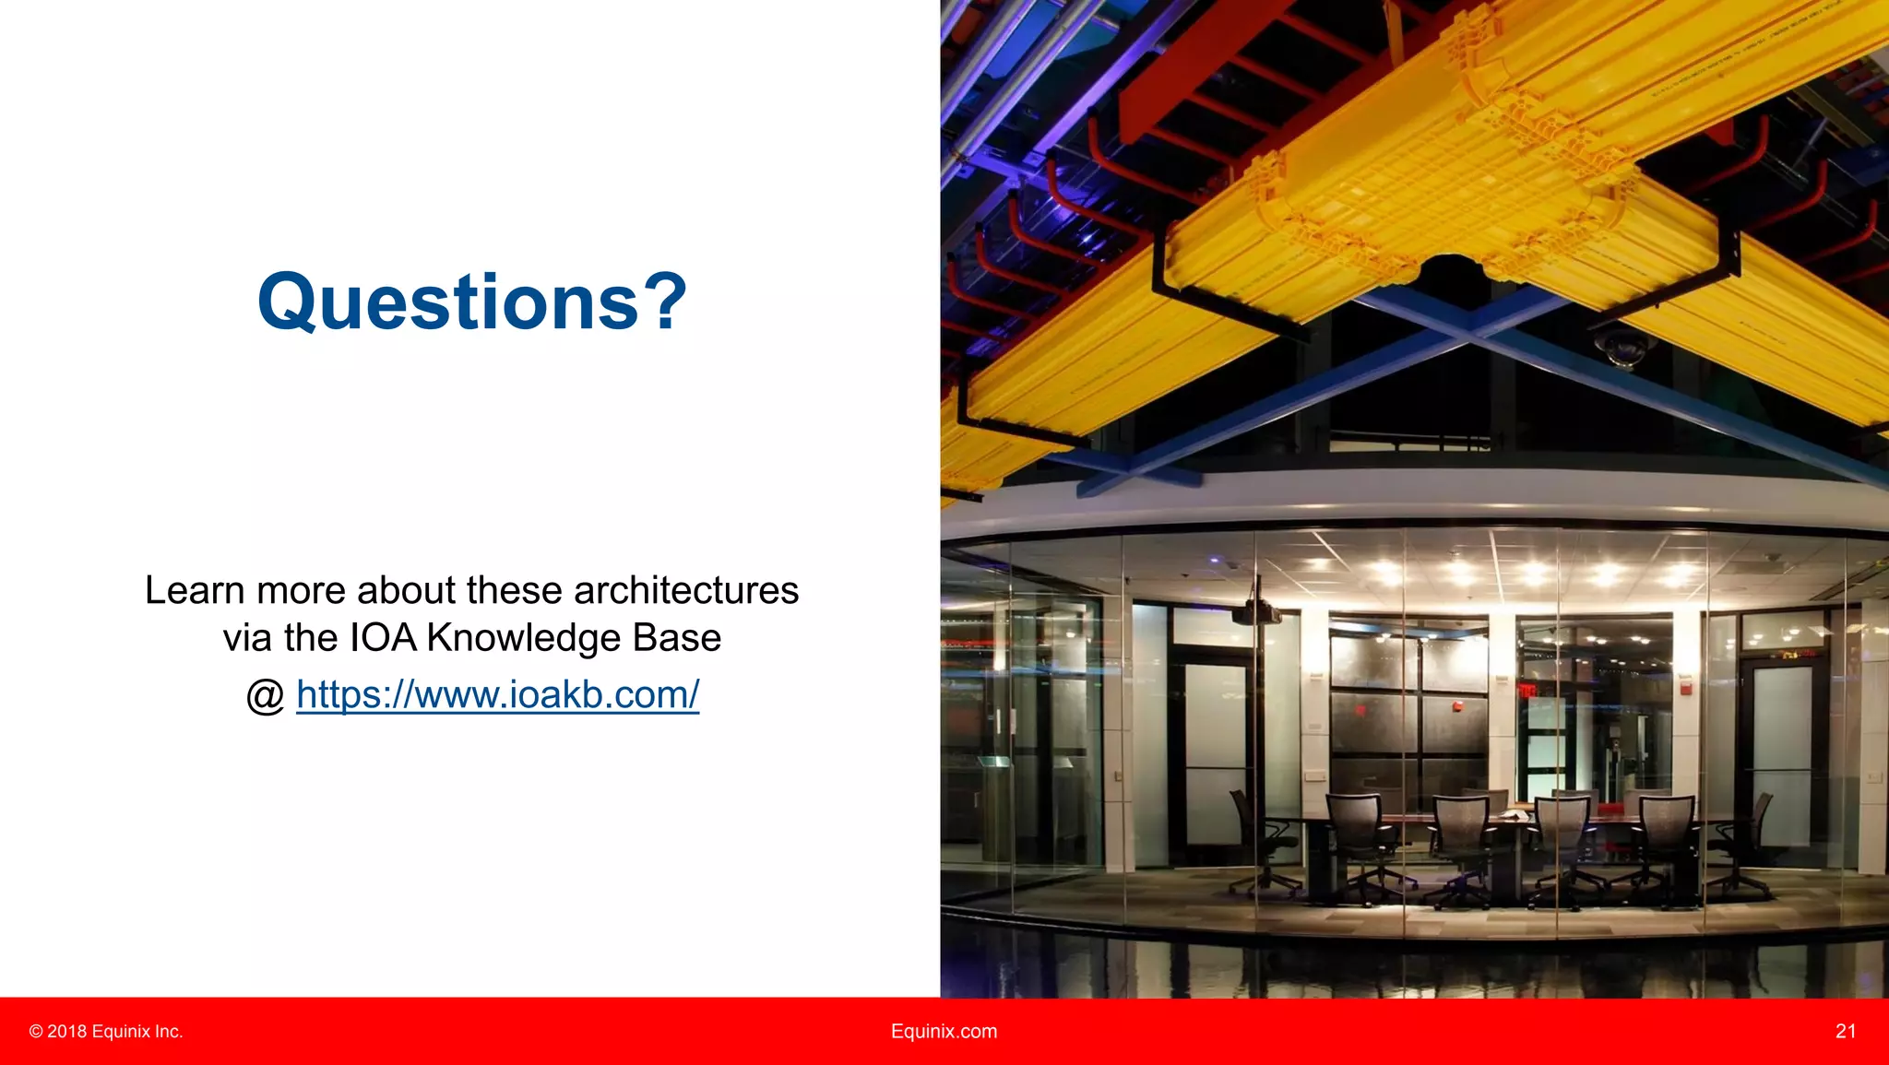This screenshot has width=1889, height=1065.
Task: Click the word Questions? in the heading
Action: [x=472, y=302]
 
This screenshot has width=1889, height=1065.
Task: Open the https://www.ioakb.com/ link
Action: [x=497, y=694]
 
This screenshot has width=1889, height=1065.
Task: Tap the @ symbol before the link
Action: [x=266, y=696]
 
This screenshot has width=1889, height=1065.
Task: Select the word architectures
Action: [x=686, y=591]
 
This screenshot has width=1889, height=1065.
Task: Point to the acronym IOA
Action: [x=383, y=638]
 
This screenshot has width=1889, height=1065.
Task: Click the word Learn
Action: [x=194, y=591]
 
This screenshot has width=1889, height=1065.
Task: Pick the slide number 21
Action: [x=1846, y=1031]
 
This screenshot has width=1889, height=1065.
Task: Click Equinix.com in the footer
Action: [x=944, y=1031]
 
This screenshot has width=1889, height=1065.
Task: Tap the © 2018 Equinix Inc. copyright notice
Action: [x=106, y=1031]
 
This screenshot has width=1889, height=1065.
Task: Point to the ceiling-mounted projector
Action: [x=1257, y=609]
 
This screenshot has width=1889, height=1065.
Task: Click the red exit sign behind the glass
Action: [x=1527, y=690]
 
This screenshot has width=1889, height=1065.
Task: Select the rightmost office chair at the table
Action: [x=1743, y=844]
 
